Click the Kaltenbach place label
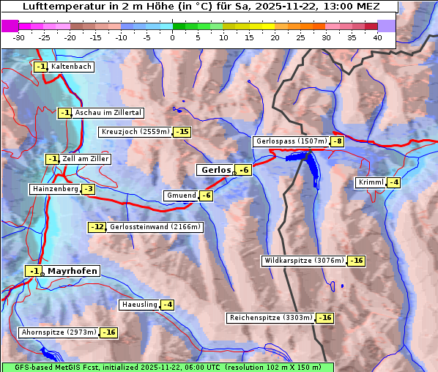71,67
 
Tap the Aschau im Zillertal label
108,113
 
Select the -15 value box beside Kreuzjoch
182,132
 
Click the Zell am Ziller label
86,159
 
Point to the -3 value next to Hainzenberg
88,189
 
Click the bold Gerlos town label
215,170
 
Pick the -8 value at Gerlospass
337,141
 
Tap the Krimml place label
371,182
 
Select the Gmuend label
181,196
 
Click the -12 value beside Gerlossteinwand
97,227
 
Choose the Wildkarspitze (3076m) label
303,261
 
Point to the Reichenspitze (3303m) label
271,318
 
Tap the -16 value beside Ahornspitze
108,332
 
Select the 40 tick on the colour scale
376,37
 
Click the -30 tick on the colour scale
19,37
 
